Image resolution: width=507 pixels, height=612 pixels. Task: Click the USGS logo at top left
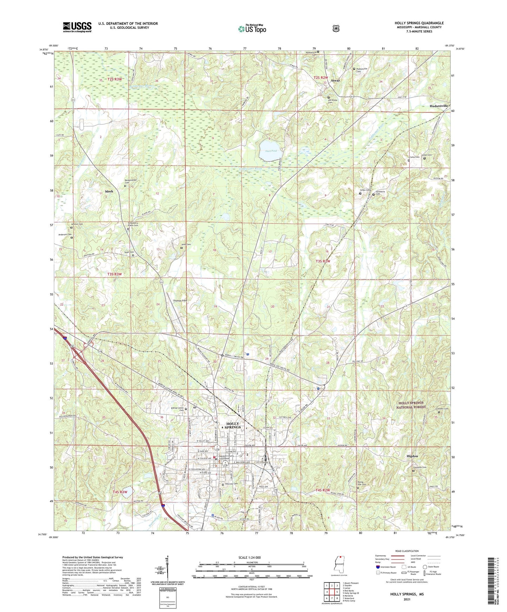click(77, 27)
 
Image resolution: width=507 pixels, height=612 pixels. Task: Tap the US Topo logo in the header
click(252, 29)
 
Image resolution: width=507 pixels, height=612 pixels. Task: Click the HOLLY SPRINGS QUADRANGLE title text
click(419, 23)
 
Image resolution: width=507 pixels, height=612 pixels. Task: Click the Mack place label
click(109, 191)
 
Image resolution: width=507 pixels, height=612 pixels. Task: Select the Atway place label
click(335, 81)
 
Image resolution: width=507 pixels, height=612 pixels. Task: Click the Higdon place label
click(412, 456)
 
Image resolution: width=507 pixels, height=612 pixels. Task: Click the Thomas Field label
click(180, 300)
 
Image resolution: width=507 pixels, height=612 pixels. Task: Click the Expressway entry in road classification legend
click(381, 556)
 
